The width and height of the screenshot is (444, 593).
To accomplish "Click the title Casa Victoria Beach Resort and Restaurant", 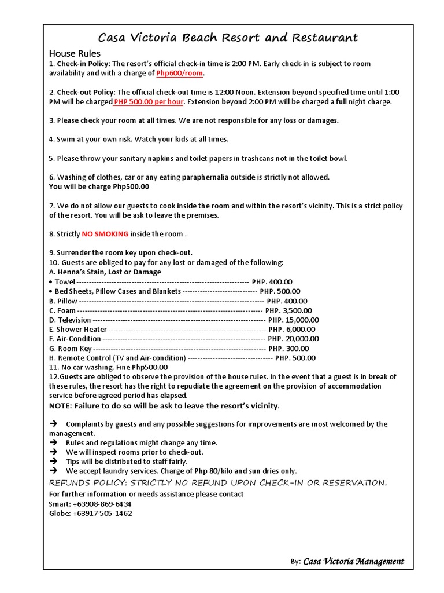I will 228,38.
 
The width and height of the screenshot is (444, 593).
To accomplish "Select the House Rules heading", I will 75,54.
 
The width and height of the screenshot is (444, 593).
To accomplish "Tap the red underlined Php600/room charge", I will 180,74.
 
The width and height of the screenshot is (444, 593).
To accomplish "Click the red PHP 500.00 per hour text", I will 149,102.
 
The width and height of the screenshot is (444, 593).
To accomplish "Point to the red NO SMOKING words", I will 105,234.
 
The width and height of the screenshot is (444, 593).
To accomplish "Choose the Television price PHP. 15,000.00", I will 294,320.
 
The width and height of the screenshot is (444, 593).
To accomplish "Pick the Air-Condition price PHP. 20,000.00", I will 294,339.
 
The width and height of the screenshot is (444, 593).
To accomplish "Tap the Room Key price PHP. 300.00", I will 288,349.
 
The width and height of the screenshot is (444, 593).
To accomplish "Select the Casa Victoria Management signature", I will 354,561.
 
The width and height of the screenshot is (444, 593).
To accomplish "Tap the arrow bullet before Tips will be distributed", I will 54,462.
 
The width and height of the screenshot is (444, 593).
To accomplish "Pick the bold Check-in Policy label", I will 83,64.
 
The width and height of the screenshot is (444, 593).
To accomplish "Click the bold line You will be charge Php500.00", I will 99,186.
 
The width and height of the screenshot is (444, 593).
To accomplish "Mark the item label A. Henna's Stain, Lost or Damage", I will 105,272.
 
